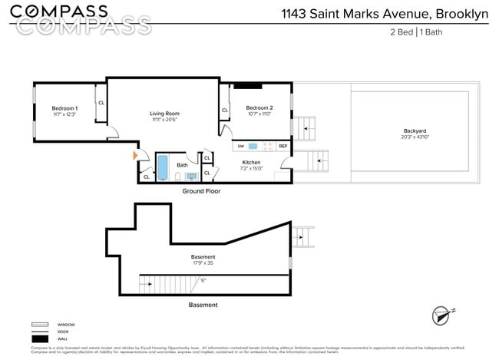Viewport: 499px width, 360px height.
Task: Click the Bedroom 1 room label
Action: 64,108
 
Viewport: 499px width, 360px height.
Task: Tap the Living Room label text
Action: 164,114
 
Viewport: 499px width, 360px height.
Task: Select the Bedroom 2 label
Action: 259,108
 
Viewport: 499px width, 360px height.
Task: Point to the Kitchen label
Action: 251,162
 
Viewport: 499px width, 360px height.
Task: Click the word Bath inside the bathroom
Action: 182,165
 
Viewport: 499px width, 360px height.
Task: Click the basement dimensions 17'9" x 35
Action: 203,263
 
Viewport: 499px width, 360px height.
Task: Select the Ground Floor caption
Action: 201,191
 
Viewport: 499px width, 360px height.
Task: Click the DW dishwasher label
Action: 240,146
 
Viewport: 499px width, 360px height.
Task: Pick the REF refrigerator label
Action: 283,146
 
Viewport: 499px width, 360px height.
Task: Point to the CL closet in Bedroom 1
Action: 101,104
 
